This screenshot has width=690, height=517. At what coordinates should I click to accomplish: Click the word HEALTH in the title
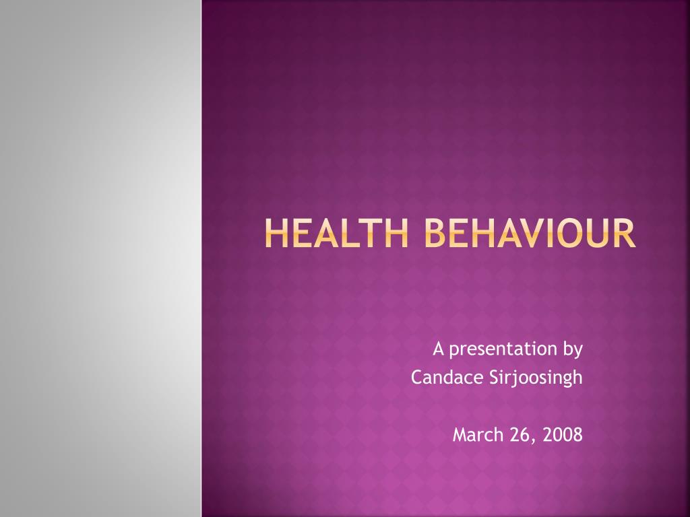pos(337,233)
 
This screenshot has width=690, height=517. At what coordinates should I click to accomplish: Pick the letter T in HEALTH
pos(366,233)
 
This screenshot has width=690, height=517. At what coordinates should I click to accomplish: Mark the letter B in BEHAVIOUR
pos(436,233)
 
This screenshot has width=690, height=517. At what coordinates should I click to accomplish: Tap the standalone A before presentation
pos(438,349)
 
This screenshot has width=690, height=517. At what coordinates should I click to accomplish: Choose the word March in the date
pos(478,434)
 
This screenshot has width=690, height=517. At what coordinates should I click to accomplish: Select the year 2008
pos(563,435)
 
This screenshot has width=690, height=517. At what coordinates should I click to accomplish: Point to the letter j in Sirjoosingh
pos(512,379)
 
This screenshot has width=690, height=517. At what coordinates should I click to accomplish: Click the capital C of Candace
pos(418,377)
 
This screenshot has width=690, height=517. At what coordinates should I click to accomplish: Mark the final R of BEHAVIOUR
pos(625,233)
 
